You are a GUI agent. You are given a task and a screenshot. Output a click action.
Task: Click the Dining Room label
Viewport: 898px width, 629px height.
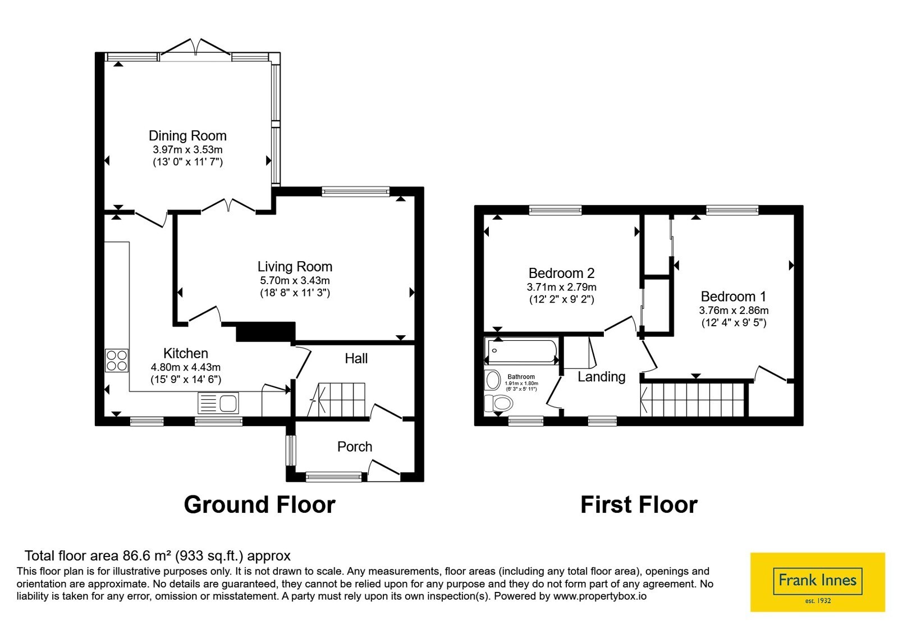pos(187,136)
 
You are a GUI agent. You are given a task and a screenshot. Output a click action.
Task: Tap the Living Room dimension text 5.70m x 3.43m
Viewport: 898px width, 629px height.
pos(295,280)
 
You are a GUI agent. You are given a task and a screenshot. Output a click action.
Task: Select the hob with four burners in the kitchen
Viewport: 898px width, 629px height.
pos(117,361)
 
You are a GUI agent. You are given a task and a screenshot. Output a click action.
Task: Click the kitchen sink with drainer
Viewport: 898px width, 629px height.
pos(218,403)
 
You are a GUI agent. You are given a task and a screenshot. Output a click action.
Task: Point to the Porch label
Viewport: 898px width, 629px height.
pos(354,446)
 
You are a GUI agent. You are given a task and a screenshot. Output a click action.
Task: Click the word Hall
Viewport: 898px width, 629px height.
pos(356,359)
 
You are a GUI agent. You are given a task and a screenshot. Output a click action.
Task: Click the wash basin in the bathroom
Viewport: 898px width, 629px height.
pos(493,380)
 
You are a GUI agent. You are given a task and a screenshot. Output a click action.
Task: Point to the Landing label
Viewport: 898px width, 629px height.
pos(601,377)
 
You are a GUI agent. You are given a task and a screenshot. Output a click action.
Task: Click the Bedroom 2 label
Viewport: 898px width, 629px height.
pos(561,273)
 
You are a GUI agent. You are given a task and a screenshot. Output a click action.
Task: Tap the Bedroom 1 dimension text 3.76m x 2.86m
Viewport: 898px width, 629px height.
pos(734,311)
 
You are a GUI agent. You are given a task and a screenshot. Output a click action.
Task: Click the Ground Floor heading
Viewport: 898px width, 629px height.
pos(259,505)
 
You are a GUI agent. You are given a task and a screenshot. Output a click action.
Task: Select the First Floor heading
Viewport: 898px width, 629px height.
pos(639,505)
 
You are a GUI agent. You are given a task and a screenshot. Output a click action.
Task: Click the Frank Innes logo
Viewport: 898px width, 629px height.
pos(817,582)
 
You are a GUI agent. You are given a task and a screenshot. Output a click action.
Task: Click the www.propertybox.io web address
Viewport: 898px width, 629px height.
pos(600,596)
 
